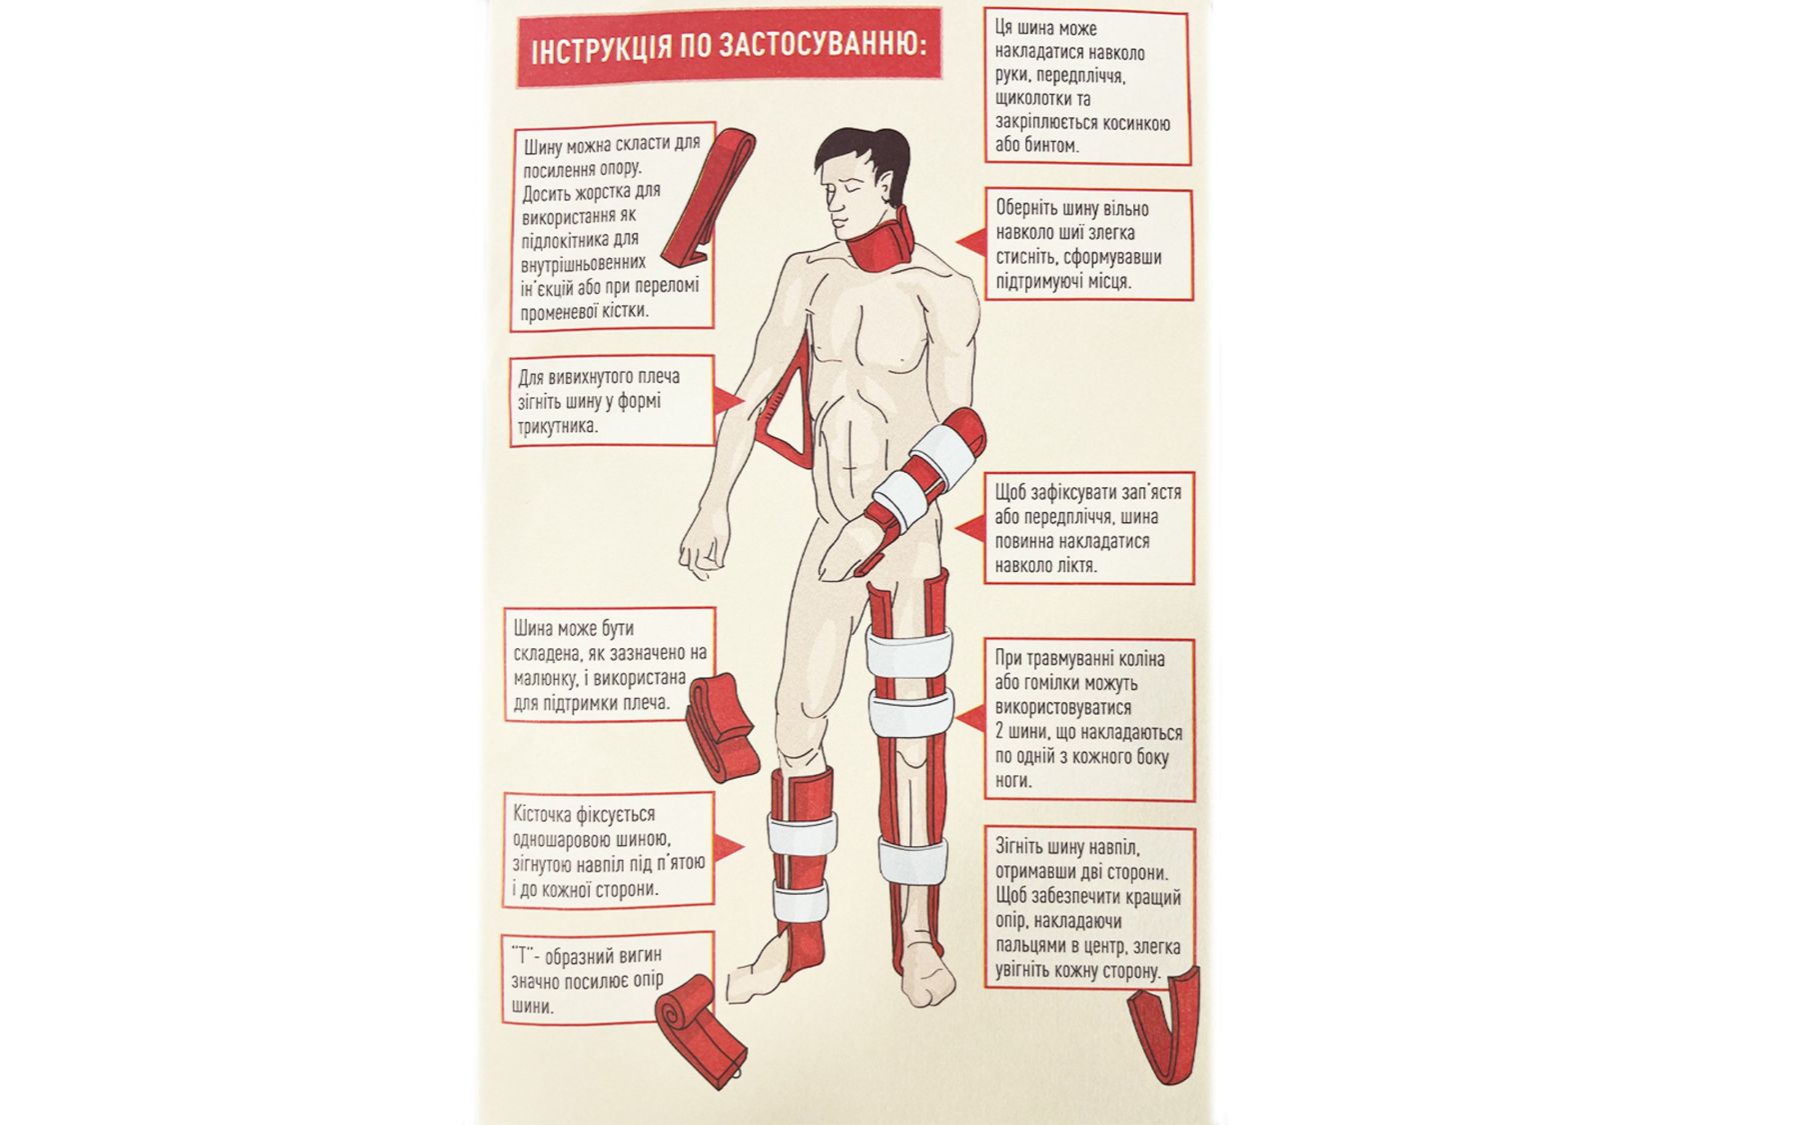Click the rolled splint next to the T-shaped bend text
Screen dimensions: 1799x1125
pyautogui.click(x=699, y=1030)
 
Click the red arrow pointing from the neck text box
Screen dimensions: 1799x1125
pyautogui.click(x=969, y=242)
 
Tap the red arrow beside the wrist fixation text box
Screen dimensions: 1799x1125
pyautogui.click(x=969, y=529)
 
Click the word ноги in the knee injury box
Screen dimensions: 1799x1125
pyautogui.click(x=1013, y=781)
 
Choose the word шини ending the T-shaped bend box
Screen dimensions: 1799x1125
pyautogui.click(x=532, y=1006)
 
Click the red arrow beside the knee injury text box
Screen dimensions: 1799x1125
pyautogui.click(x=969, y=717)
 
